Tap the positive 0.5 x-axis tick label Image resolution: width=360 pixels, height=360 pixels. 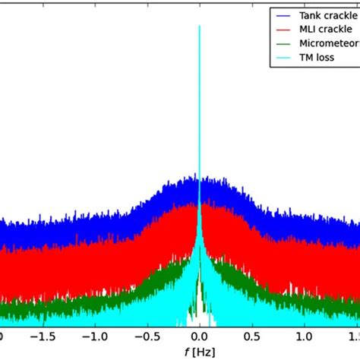pos(252,334)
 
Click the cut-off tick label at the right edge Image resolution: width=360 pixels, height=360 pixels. pos(354,334)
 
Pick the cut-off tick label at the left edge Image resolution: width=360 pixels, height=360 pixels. pos(3,334)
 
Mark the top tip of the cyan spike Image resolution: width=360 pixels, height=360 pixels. pos(199,26)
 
